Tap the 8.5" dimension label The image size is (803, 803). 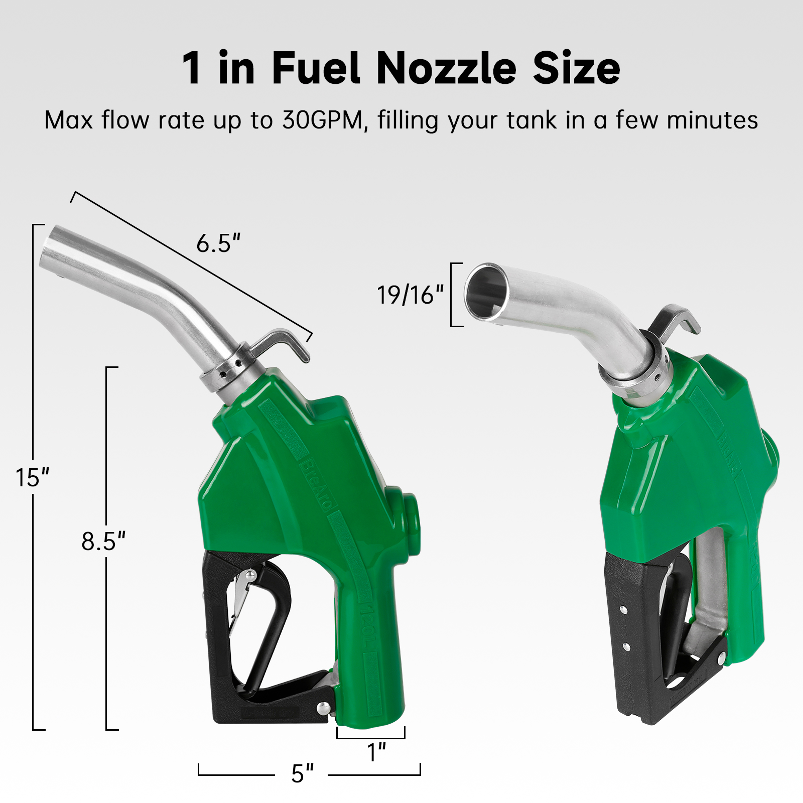pyautogui.click(x=103, y=542)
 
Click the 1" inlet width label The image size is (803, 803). pyautogui.click(x=376, y=752)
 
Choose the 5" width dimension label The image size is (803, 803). pyautogui.click(x=302, y=773)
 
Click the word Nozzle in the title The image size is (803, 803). pyautogui.click(x=446, y=68)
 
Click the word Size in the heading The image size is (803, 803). pyautogui.click(x=576, y=68)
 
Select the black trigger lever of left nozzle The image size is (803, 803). pyautogui.click(x=271, y=627)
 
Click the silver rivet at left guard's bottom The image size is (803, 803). pyautogui.click(x=324, y=708)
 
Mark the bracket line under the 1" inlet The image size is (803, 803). pyautogui.click(x=370, y=738)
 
